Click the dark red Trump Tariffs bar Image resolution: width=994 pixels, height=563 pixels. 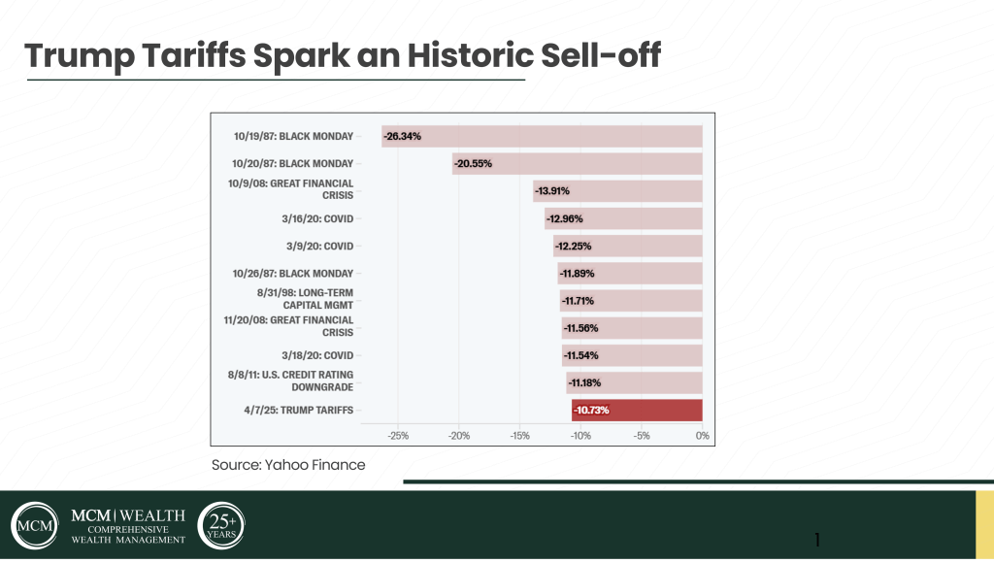(x=637, y=411)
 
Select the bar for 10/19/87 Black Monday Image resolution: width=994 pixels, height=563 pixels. (x=542, y=137)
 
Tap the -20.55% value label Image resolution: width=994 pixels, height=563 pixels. (x=472, y=164)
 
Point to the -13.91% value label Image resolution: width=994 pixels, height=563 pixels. (x=552, y=191)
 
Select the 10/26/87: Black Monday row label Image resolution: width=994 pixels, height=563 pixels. (x=293, y=274)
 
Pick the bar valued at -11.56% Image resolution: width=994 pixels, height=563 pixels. (x=631, y=328)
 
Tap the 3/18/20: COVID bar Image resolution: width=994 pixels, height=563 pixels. (x=632, y=355)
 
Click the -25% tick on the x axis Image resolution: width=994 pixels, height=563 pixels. (x=398, y=436)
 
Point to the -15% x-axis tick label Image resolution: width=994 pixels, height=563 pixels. (x=519, y=436)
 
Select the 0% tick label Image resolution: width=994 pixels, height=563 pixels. (x=702, y=436)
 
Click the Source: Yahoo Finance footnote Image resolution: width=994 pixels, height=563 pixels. (x=288, y=465)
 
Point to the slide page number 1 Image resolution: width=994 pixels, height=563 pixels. (x=817, y=540)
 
